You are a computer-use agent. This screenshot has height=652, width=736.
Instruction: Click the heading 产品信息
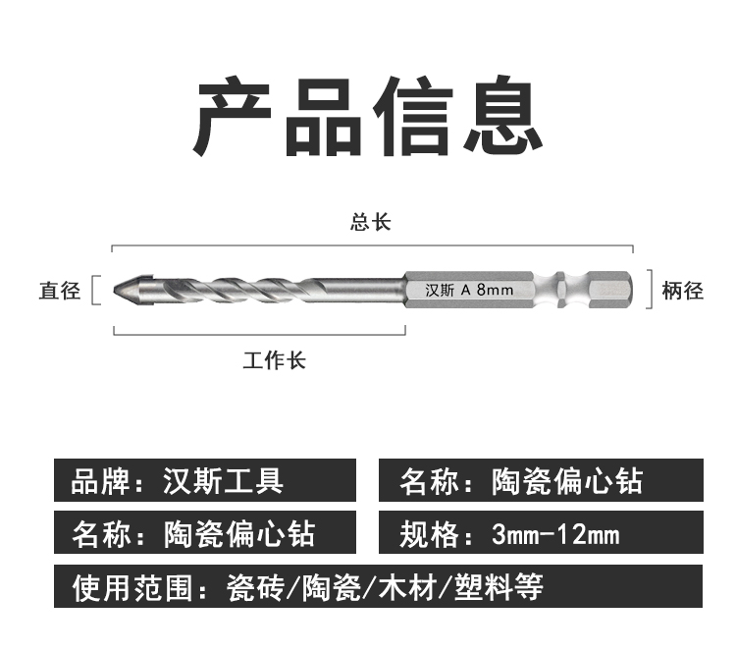coord(368,118)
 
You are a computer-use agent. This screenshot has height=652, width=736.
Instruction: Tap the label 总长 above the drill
coord(370,221)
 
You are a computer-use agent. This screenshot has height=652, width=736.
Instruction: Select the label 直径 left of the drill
coord(59,291)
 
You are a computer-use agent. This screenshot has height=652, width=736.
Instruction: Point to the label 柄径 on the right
coord(683,291)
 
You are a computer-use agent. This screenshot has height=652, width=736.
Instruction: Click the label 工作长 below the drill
coord(274,360)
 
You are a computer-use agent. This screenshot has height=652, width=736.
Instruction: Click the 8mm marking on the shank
coord(494,290)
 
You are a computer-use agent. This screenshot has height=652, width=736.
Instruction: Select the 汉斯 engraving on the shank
coord(439,290)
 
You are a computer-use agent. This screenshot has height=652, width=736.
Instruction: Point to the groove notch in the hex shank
coord(558,289)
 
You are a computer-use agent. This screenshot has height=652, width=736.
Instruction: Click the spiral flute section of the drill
coord(265,289)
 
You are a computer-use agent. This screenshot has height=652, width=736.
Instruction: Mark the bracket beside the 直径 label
coord(95,291)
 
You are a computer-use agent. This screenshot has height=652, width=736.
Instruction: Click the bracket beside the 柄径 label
coord(649,290)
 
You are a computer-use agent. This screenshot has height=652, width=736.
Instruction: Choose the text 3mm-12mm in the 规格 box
coord(555,535)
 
